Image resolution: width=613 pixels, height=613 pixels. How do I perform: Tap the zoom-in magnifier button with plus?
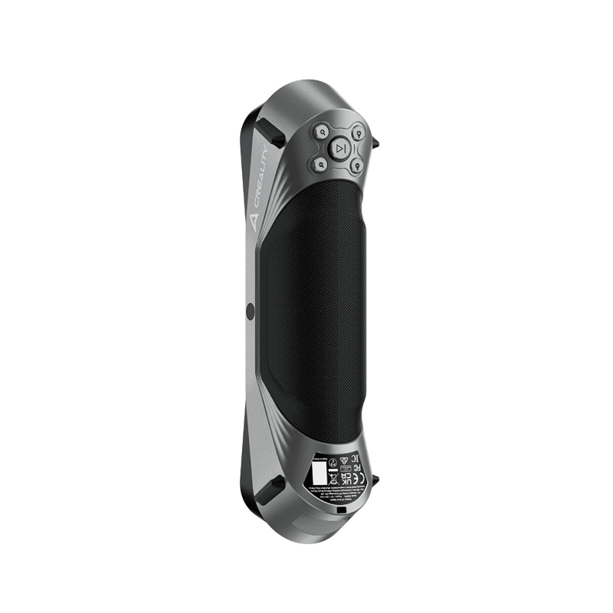(323, 133)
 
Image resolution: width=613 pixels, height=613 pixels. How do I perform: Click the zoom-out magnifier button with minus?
(322, 165)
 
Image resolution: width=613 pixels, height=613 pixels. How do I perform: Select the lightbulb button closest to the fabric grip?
(357, 166)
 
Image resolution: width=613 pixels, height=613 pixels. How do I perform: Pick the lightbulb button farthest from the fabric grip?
(358, 133)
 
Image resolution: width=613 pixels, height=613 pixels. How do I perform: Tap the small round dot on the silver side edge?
(250, 310)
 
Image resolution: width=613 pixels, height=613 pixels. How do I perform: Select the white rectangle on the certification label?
(320, 474)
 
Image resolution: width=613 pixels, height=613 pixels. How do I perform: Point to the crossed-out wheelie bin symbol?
(333, 480)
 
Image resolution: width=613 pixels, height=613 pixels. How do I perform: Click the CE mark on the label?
(360, 479)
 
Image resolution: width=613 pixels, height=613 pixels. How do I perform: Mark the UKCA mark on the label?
(346, 480)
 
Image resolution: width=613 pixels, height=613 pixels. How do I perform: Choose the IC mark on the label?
(356, 458)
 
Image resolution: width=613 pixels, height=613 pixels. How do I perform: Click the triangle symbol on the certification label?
(344, 461)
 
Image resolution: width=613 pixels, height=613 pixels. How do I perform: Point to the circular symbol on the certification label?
(333, 463)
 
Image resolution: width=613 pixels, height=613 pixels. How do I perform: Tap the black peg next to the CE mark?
(375, 480)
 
